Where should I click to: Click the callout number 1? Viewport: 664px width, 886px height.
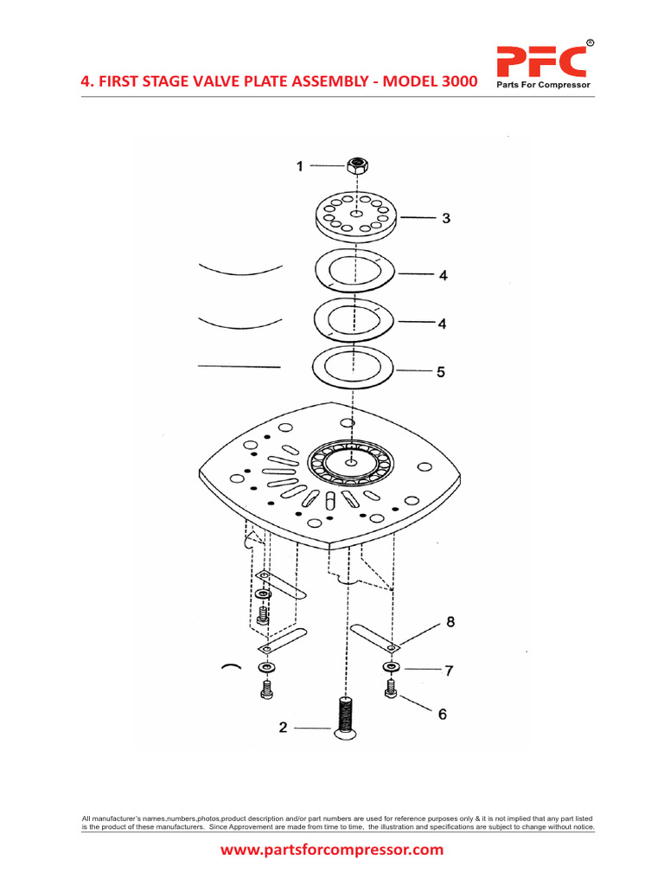[x=300, y=166]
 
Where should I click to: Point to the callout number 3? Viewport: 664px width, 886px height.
[x=446, y=219]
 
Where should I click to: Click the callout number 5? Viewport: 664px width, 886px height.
[x=441, y=372]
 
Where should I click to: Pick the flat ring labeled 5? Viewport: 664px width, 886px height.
[x=354, y=369]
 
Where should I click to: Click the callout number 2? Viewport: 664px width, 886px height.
[x=283, y=728]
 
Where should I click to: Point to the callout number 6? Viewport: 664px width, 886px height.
[x=443, y=714]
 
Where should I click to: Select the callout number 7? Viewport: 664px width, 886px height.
[x=449, y=670]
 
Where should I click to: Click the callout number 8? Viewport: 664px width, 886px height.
[x=449, y=621]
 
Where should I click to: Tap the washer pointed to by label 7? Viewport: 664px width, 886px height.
[x=392, y=668]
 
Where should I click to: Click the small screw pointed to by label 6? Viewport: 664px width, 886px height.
[x=392, y=690]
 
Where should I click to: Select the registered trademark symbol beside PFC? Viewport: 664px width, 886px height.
[x=590, y=42]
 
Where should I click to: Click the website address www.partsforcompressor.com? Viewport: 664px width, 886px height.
[x=332, y=850]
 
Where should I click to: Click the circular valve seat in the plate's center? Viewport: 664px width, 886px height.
[x=351, y=463]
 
